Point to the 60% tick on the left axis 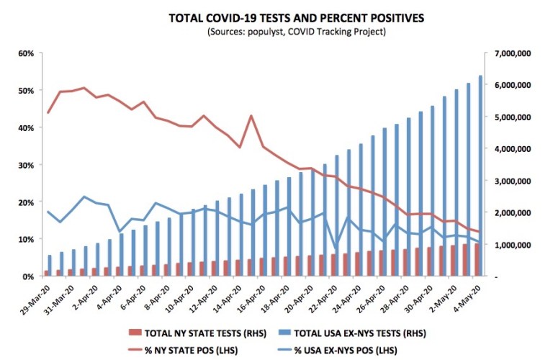click(x=27, y=53)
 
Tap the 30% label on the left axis click(x=27, y=165)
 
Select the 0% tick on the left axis click(x=29, y=276)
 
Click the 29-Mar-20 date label click(x=37, y=297)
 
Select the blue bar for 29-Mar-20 click(x=50, y=266)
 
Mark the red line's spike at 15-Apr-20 click(x=251, y=116)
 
